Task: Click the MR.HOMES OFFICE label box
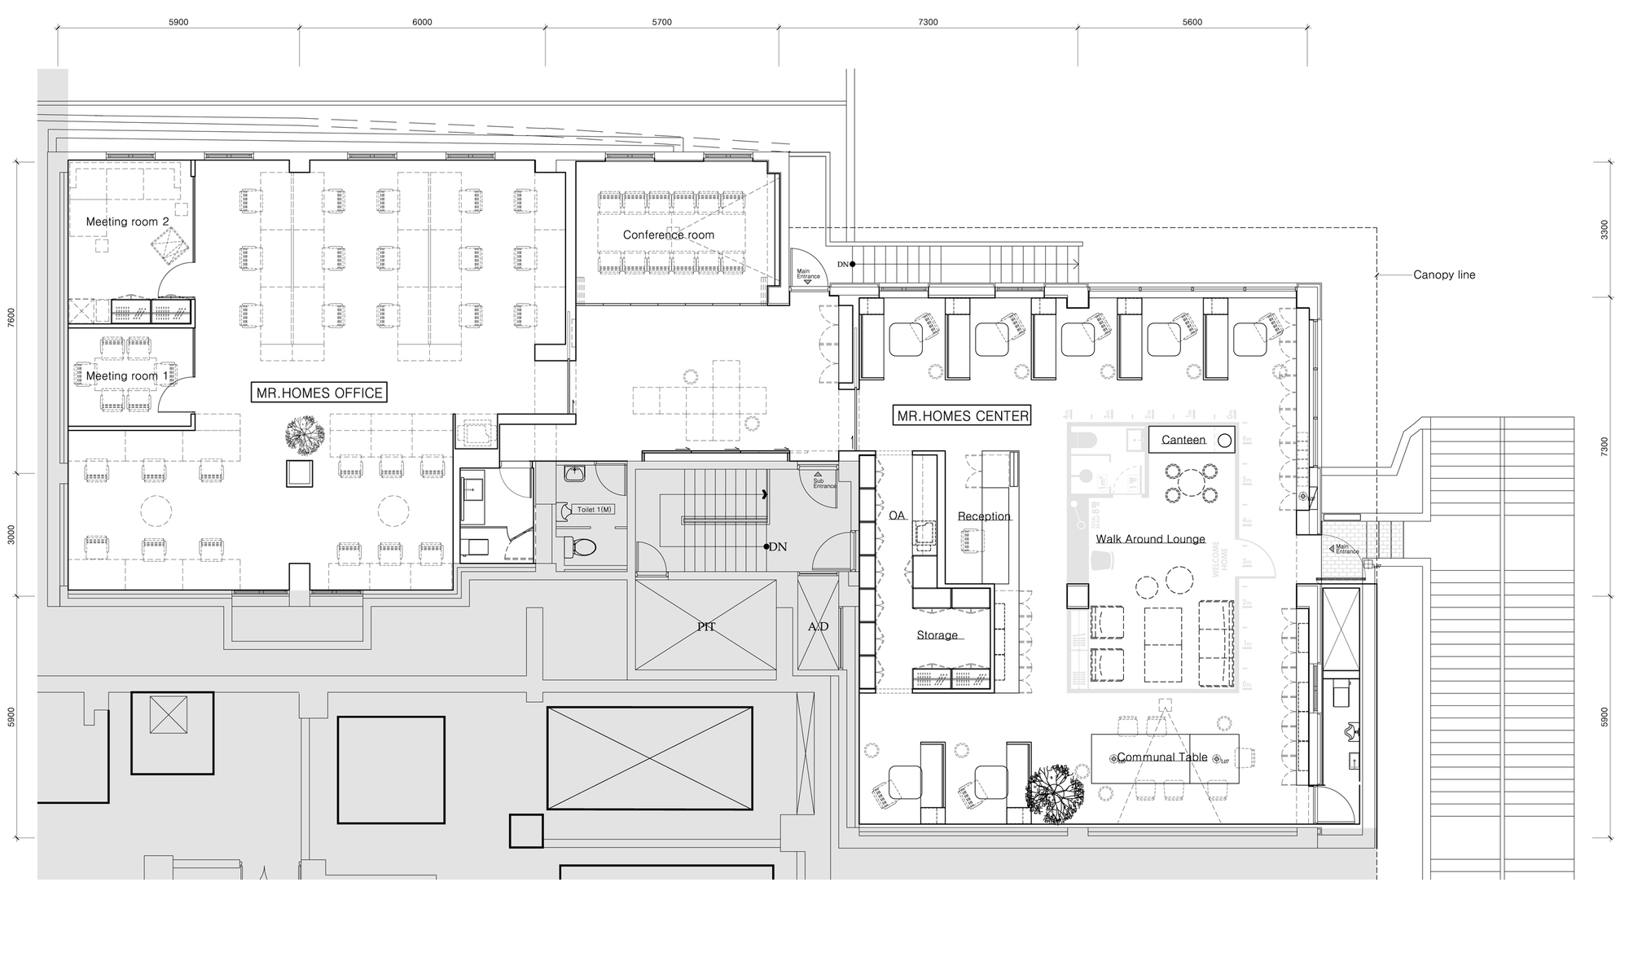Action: [x=318, y=393]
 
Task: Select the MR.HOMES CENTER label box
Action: [x=962, y=416]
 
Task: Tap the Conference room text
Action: [x=668, y=235]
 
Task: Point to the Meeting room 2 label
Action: [x=127, y=222]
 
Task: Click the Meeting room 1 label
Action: [x=127, y=375]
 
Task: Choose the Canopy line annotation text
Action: [x=1443, y=274]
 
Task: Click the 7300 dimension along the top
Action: [x=928, y=22]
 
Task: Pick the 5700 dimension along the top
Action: [x=661, y=22]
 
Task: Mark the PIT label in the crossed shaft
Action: [x=705, y=626]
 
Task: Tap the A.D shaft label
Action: [x=818, y=626]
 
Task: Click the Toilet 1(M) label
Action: [x=594, y=509]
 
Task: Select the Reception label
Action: [x=984, y=516]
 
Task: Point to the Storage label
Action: [x=937, y=635]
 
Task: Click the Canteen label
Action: [x=1183, y=440]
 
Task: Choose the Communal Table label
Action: [x=1161, y=757]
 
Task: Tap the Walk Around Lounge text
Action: [x=1149, y=539]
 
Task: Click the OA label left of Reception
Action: [x=897, y=516]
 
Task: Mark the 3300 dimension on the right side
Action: [x=1604, y=230]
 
